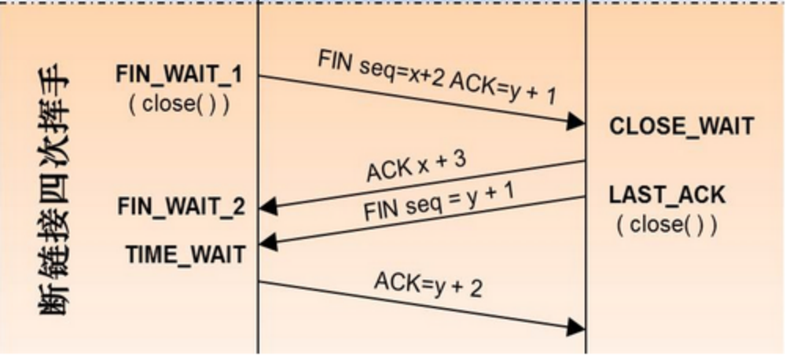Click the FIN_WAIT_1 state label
179,75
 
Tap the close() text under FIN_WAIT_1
179,104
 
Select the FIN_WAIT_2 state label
182,207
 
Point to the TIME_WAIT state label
185,255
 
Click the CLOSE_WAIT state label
681,127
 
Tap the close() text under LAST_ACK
667,225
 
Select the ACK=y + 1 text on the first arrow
503,90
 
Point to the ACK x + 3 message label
417,167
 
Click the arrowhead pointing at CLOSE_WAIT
575,122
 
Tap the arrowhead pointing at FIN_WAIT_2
268,206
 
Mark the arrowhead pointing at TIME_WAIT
268,243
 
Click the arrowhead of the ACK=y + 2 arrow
575,328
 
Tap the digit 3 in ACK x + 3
460,159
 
